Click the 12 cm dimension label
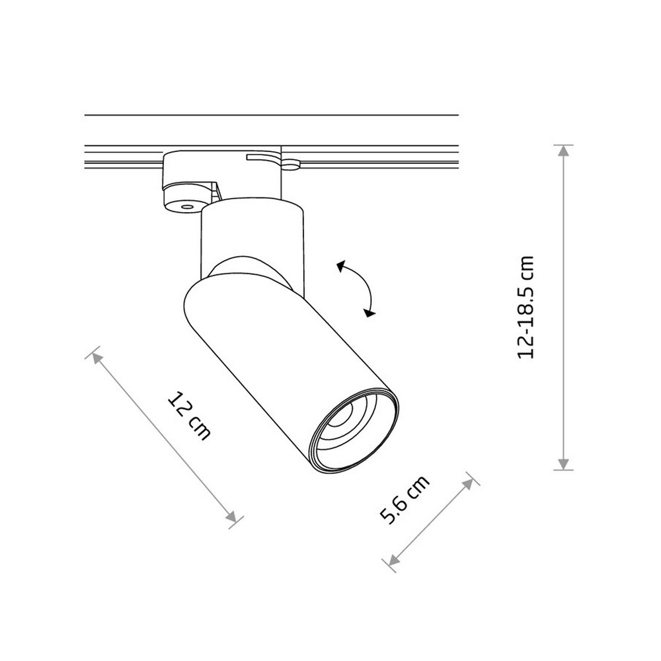tap(188, 416)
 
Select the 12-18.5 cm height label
tap(525, 307)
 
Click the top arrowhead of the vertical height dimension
tap(563, 151)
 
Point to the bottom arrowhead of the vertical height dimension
tap(563, 464)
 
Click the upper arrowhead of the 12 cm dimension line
tap(97, 358)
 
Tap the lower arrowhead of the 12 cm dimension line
tap(231, 516)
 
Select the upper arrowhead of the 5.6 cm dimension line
tap(468, 484)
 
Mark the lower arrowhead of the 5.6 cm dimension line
tap(393, 560)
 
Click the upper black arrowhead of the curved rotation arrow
tap(341, 266)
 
